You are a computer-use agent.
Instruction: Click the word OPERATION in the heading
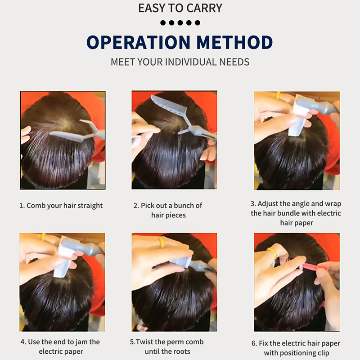pyautogui.click(x=139, y=42)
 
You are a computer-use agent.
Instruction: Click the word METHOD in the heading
pyautogui.click(x=234, y=42)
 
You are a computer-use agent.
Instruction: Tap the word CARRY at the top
pyautogui.click(x=204, y=8)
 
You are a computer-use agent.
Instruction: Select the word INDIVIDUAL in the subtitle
pyautogui.click(x=191, y=62)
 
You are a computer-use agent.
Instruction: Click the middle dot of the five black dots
pyautogui.click(x=180, y=23)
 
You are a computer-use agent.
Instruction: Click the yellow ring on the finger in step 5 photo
pyautogui.click(x=161, y=243)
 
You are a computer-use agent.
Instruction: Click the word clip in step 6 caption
pyautogui.click(x=324, y=353)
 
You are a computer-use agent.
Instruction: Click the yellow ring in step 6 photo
pyautogui.click(x=272, y=252)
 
